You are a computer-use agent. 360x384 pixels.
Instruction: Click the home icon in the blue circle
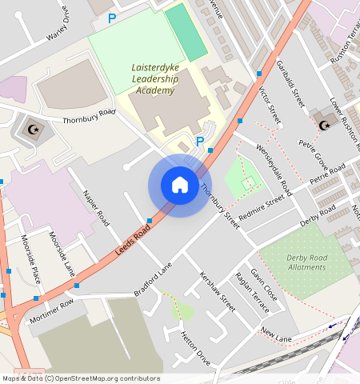coord(180,185)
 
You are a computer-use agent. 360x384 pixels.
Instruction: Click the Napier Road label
coord(96,206)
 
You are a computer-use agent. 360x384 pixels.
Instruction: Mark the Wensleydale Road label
coord(274,170)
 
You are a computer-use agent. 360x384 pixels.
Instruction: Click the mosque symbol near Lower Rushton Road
coord(324,124)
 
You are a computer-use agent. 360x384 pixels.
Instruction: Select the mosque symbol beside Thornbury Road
coord(33,128)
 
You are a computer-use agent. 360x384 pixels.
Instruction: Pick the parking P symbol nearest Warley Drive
coord(112,17)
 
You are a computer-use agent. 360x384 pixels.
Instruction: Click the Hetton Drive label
coord(195,349)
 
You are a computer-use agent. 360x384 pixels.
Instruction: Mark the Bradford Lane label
coord(153,282)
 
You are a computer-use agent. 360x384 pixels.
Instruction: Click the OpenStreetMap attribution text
coord(81,378)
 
